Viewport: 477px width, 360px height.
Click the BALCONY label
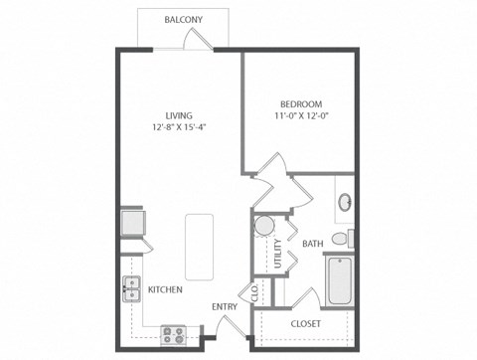(186, 19)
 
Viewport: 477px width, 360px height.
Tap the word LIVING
(180, 115)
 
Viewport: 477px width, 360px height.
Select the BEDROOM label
(298, 103)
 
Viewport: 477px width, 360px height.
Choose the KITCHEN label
(164, 290)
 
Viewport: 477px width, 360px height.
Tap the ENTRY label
(225, 306)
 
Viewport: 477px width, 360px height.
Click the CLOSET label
(305, 324)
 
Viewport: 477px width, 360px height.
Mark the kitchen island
(199, 246)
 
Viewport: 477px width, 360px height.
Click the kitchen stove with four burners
(175, 334)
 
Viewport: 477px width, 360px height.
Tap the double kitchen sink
(130, 289)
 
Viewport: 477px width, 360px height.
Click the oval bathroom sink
(345, 202)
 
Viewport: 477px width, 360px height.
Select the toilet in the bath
(340, 239)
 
